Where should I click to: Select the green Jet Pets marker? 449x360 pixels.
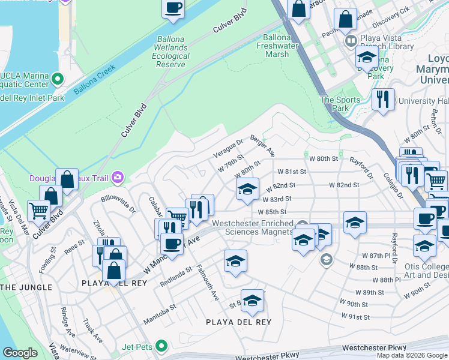pyautogui.click(x=161, y=346)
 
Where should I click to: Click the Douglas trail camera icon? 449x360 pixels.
pyautogui.click(x=118, y=176)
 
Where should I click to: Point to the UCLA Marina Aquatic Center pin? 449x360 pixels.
pyautogui.click(x=58, y=78)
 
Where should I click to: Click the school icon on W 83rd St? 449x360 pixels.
pyautogui.click(x=247, y=190)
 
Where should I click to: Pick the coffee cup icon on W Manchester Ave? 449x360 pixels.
pyautogui.click(x=172, y=243)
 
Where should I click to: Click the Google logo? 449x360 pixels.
pyautogui.click(x=20, y=353)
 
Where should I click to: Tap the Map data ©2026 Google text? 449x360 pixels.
pyautogui.click(x=412, y=355)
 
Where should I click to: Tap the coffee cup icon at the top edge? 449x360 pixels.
pyautogui.click(x=173, y=8)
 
